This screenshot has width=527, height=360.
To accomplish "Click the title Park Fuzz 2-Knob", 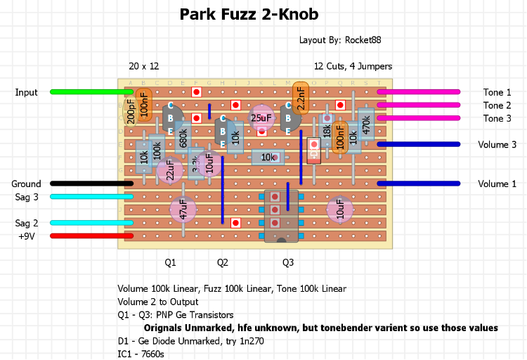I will click(x=249, y=14).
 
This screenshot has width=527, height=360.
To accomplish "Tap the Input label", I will click(x=27, y=92).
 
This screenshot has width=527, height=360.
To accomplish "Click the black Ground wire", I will click(x=91, y=184).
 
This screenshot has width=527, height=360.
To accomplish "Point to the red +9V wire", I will click(x=91, y=236).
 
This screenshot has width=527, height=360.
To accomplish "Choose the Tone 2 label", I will click(x=497, y=105).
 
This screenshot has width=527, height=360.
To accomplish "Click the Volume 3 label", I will click(x=497, y=144).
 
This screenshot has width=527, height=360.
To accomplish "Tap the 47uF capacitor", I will click(x=183, y=210).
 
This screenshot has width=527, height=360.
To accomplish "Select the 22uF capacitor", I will click(x=169, y=171).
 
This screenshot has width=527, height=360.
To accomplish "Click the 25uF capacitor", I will click(x=261, y=118).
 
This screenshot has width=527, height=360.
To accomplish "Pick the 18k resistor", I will click(x=327, y=130).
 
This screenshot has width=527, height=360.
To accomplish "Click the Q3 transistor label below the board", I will click(x=288, y=263).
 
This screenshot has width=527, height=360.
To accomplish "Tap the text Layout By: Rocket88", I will click(x=340, y=41).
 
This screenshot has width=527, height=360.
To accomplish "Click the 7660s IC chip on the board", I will click(x=281, y=216).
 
